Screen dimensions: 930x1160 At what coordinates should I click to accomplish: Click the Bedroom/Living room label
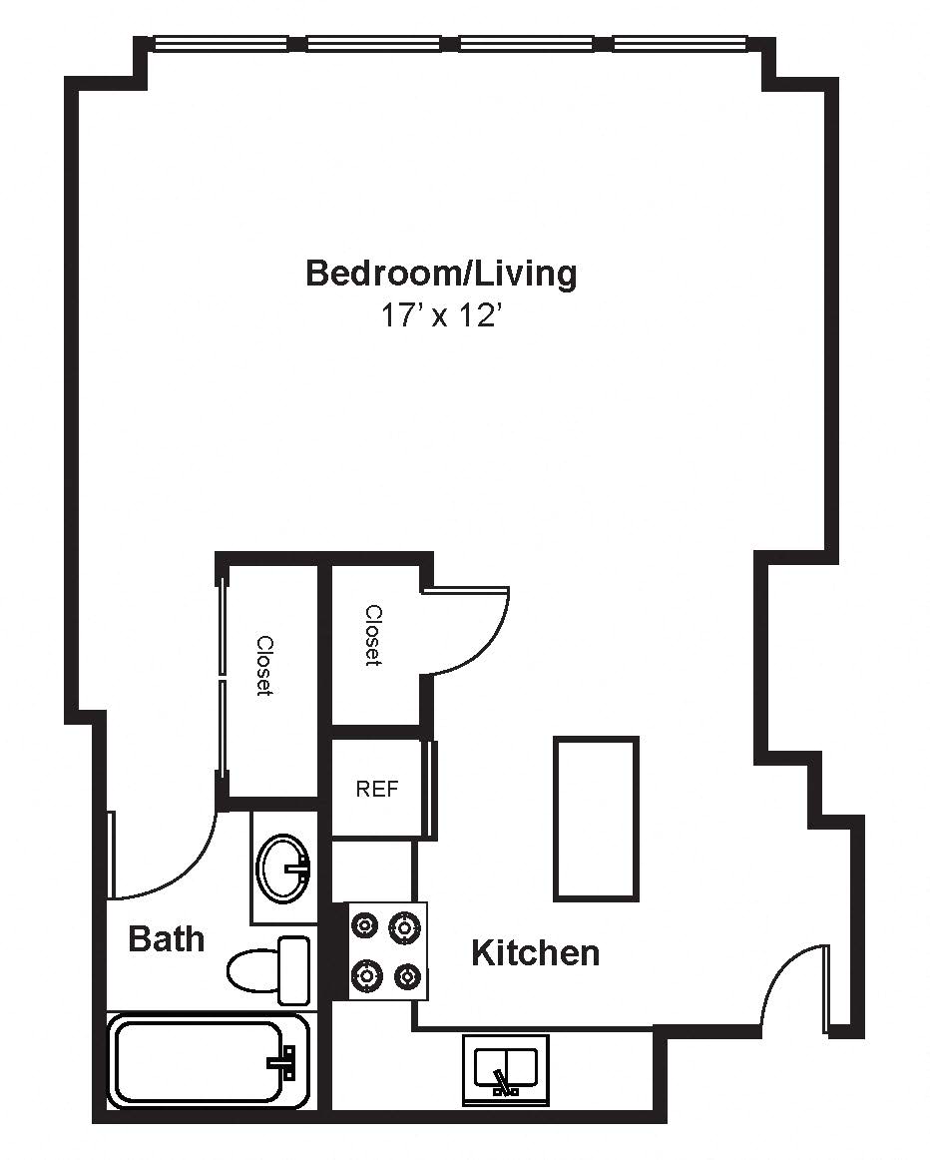pyautogui.click(x=441, y=274)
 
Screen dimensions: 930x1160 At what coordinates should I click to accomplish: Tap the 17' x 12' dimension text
pyautogui.click(x=441, y=316)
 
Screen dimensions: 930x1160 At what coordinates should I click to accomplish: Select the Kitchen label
pyautogui.click(x=535, y=952)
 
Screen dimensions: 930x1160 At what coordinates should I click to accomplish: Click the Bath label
pyautogui.click(x=167, y=938)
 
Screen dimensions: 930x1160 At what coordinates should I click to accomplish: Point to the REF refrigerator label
pyautogui.click(x=377, y=790)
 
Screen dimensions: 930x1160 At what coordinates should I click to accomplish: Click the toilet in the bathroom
pyautogui.click(x=268, y=970)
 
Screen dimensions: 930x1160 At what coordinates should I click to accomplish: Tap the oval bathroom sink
pyautogui.click(x=283, y=869)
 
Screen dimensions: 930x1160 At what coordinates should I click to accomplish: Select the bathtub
pyautogui.click(x=208, y=1062)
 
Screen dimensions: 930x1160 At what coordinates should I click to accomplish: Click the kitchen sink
pyautogui.click(x=506, y=1070)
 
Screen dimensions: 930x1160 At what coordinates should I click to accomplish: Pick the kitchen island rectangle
pyautogui.click(x=596, y=819)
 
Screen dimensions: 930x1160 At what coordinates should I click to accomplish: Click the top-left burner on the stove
pyautogui.click(x=365, y=924)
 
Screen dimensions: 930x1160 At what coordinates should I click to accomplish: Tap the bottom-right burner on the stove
pyautogui.click(x=407, y=976)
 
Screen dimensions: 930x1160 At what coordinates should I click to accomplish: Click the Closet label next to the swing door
pyautogui.click(x=373, y=636)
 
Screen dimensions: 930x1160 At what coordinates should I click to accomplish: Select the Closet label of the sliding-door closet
pyautogui.click(x=263, y=665)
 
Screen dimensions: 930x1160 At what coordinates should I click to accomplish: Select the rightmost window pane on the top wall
pyautogui.click(x=682, y=44)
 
